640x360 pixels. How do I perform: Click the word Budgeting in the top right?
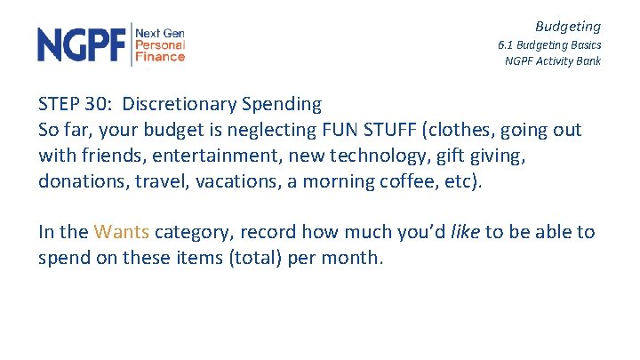(x=567, y=27)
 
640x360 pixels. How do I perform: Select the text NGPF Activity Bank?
(x=552, y=61)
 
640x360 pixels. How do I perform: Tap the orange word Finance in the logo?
(x=160, y=57)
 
